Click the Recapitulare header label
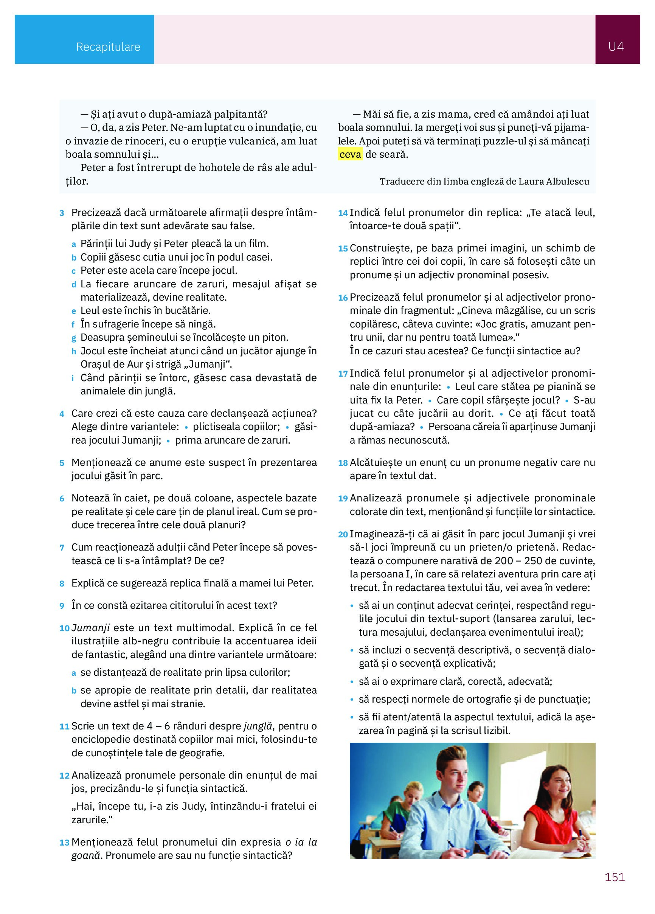point(108,47)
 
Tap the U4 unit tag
point(616,47)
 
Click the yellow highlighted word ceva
point(350,154)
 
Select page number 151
point(614,877)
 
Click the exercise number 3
point(62,213)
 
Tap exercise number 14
point(343,213)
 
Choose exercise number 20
point(343,535)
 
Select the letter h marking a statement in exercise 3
point(74,352)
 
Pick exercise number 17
point(343,374)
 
